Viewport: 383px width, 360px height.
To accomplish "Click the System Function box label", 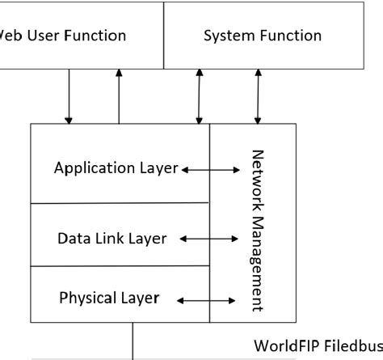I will (262, 36).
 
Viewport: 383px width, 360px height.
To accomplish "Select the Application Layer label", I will (116, 169).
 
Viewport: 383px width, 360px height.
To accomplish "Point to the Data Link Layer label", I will (112, 239).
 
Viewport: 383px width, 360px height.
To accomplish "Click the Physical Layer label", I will (109, 298).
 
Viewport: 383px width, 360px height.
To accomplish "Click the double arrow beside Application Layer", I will (212, 170).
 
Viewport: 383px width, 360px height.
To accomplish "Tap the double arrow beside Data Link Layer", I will (208, 239).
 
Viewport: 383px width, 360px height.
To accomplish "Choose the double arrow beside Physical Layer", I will (206, 300).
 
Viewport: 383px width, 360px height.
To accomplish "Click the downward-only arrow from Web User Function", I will (69, 96).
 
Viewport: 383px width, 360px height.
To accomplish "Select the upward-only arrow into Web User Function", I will (120, 96).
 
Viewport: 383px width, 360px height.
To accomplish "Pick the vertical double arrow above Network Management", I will (259, 96).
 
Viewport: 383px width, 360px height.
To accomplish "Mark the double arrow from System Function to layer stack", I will (199, 96).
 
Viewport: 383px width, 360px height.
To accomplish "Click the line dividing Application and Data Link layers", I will (119, 203).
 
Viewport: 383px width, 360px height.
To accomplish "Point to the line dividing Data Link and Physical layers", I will (119, 266).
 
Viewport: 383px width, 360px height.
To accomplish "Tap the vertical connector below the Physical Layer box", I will (133, 340).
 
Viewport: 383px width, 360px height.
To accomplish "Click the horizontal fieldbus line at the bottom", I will (81, 358).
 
